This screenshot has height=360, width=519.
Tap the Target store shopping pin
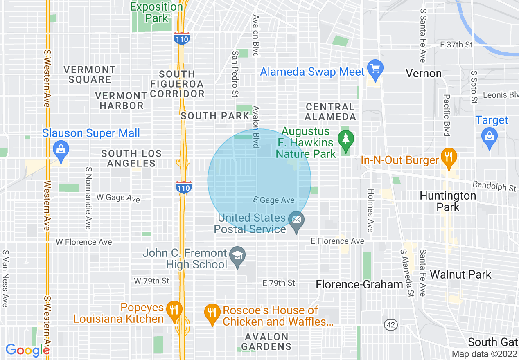click(x=490, y=134)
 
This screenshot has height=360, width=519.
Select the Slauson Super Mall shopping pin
click(x=61, y=150)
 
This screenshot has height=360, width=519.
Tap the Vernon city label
click(x=424, y=74)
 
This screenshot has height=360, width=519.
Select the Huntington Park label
click(x=448, y=201)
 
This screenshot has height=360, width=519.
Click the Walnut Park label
click(x=460, y=274)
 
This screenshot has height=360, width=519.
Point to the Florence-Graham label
click(x=360, y=284)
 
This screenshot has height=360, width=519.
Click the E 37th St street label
click(x=456, y=45)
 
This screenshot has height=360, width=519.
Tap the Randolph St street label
click(x=494, y=187)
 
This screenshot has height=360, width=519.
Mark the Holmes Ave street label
click(x=370, y=210)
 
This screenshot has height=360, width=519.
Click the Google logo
click(x=27, y=350)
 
